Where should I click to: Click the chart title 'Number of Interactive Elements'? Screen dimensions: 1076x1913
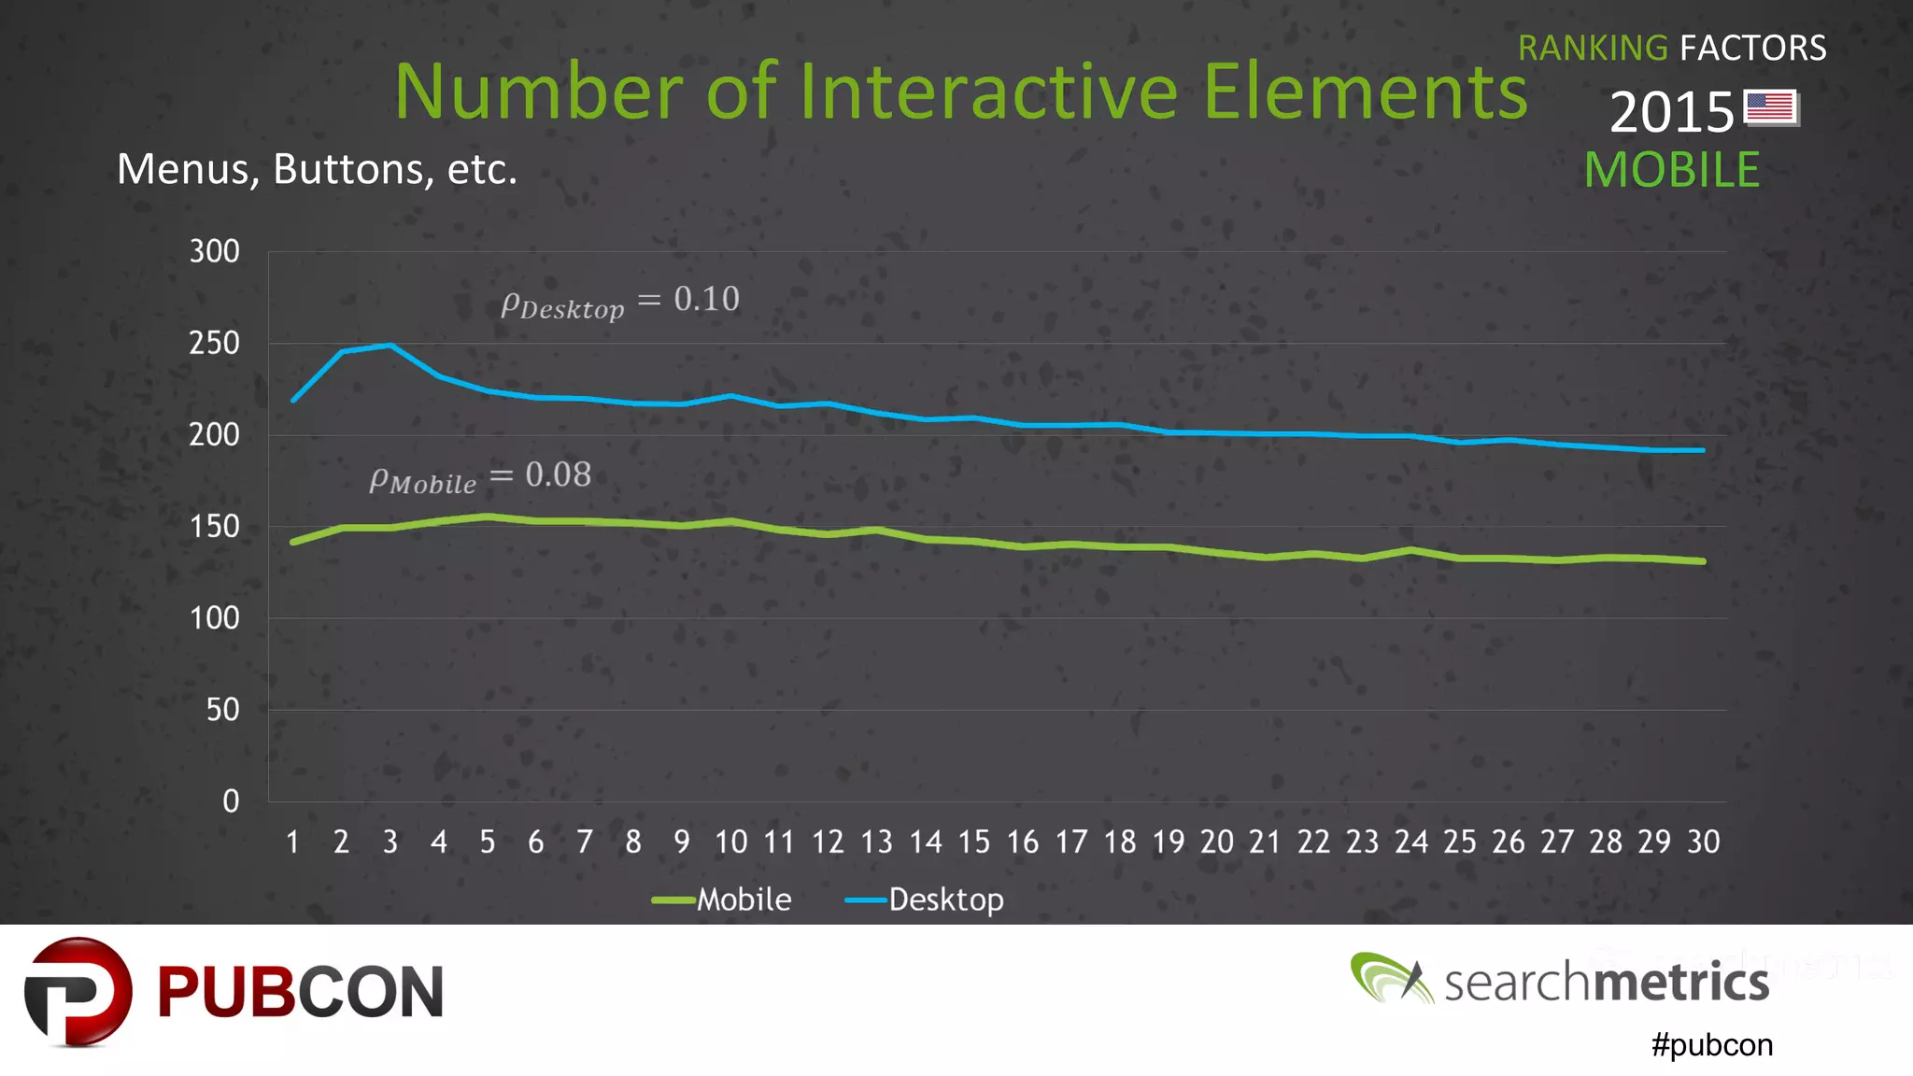[x=960, y=92]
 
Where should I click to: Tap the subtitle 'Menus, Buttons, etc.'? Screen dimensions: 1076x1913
[x=317, y=169]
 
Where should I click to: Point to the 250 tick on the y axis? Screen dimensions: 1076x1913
[x=214, y=343]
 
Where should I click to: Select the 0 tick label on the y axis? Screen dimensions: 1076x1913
[x=231, y=800]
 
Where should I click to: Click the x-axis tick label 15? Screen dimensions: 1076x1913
[x=973, y=842]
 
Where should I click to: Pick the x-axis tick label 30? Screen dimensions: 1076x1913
[x=1703, y=842]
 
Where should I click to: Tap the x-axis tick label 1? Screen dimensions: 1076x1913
[x=292, y=842]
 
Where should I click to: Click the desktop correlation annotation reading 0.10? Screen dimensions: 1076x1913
[x=620, y=301]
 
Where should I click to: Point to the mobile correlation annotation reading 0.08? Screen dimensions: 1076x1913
[x=480, y=476]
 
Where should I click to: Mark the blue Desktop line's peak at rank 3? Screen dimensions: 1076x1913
[x=390, y=346]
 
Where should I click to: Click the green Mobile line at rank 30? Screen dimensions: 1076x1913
[x=1703, y=561]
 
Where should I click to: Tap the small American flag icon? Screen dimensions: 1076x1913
[x=1770, y=107]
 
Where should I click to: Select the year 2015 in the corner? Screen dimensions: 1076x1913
[x=1671, y=112]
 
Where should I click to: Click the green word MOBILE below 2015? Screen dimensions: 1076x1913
[x=1671, y=170]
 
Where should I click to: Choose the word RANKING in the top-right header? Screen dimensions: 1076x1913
[x=1592, y=48]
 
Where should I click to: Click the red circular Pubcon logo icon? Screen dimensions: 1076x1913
[x=78, y=992]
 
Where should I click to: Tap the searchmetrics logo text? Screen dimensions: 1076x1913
[x=1606, y=982]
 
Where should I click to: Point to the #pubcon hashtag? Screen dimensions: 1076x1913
[x=1711, y=1044]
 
